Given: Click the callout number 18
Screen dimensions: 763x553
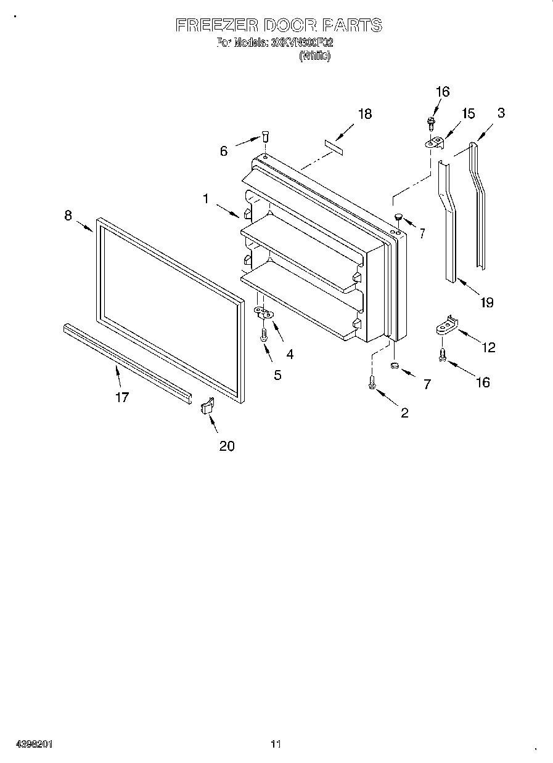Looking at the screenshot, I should click(364, 114).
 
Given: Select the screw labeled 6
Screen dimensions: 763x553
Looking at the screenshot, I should click(265, 135).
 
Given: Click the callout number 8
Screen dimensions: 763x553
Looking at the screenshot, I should click(68, 215).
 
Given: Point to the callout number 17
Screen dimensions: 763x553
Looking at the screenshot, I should click(122, 397).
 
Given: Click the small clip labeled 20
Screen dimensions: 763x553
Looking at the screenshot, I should click(207, 407).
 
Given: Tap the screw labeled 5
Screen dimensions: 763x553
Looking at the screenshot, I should click(263, 334).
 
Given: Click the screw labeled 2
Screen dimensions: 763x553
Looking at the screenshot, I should click(372, 382).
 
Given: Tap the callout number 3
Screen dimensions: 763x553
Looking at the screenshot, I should click(501, 113).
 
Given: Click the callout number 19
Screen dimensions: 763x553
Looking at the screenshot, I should click(486, 302).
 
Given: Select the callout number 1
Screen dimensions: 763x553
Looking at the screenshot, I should click(206, 198).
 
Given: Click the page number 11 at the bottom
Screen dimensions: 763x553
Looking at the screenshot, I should click(276, 744).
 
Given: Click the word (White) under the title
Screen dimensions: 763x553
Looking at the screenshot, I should click(314, 56).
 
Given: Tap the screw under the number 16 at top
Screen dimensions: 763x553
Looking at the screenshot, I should click(431, 123).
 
